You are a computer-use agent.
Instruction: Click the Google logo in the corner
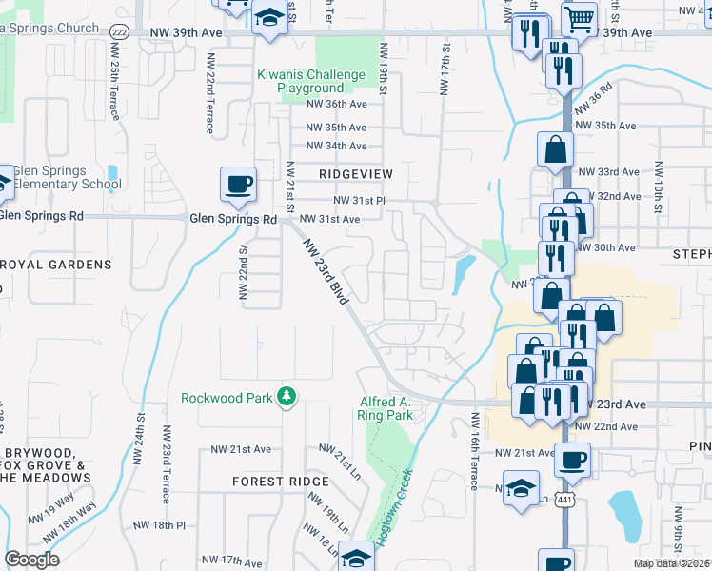[31, 560]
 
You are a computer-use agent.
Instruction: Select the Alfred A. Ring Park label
[386, 408]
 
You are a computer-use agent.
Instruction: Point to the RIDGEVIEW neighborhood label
[355, 174]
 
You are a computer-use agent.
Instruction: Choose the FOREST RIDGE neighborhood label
[280, 482]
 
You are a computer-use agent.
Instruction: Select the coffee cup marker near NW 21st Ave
[572, 461]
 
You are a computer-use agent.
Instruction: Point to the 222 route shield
[118, 32]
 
